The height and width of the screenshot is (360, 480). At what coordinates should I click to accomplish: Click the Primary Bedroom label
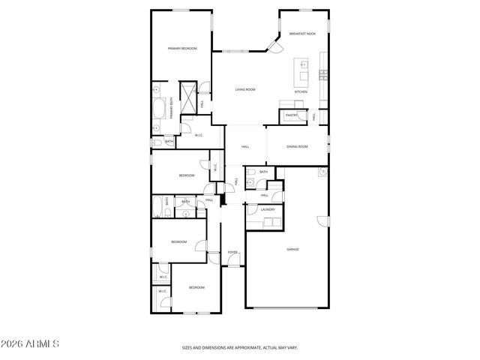coord(182,49)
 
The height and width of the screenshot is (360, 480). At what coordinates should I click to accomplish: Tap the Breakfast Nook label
coord(302,34)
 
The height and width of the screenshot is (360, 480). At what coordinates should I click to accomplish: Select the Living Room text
coord(245,89)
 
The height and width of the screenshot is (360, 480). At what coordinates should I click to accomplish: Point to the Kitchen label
coord(301,91)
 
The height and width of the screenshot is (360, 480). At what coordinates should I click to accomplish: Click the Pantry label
coord(291,115)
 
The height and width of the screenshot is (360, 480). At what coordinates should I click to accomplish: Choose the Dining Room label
coord(297,146)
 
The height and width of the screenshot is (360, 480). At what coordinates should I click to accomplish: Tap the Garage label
coord(292,249)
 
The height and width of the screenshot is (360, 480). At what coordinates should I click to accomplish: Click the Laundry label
coord(267,210)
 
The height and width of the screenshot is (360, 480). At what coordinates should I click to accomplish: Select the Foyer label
coord(233,252)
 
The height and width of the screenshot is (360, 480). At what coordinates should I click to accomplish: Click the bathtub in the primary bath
coord(159,109)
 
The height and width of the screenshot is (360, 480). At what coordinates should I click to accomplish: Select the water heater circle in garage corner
coord(323,172)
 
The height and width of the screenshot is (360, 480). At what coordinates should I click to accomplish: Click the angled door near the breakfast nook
coord(275,46)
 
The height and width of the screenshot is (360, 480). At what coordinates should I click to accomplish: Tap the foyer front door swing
coord(215,254)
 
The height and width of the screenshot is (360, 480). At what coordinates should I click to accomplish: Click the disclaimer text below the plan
coord(240,347)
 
